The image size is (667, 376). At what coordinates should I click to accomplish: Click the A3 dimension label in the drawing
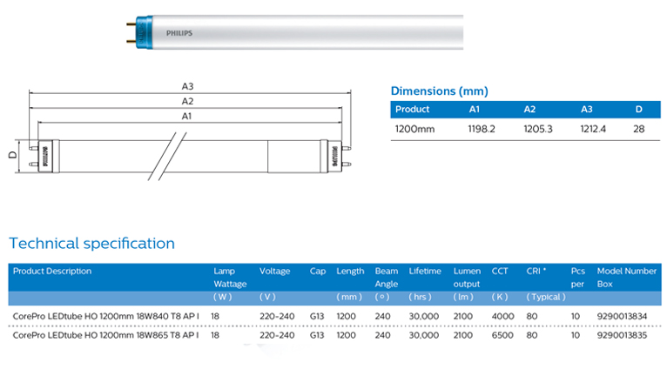pos(187,86)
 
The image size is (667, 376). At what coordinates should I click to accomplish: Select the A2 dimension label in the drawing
pos(187,101)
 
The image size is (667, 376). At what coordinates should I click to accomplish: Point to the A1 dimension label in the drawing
pos(187,116)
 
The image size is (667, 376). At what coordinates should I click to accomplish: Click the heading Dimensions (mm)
pos(439,91)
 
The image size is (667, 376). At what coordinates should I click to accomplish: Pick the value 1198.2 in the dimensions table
pos(482,129)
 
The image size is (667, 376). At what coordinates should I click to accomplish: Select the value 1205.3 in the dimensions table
pos(538,129)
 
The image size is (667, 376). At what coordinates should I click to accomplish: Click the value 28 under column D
pos(638,129)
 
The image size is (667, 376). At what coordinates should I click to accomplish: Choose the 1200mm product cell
pos(414,129)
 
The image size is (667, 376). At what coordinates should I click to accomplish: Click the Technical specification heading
pos(91,244)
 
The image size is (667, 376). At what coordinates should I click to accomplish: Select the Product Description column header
pos(52,272)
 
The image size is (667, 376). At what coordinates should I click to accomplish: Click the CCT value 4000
pos(502,314)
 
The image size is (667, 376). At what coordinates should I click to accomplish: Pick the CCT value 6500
pos(502,335)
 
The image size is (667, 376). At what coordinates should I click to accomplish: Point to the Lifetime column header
pos(425,272)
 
